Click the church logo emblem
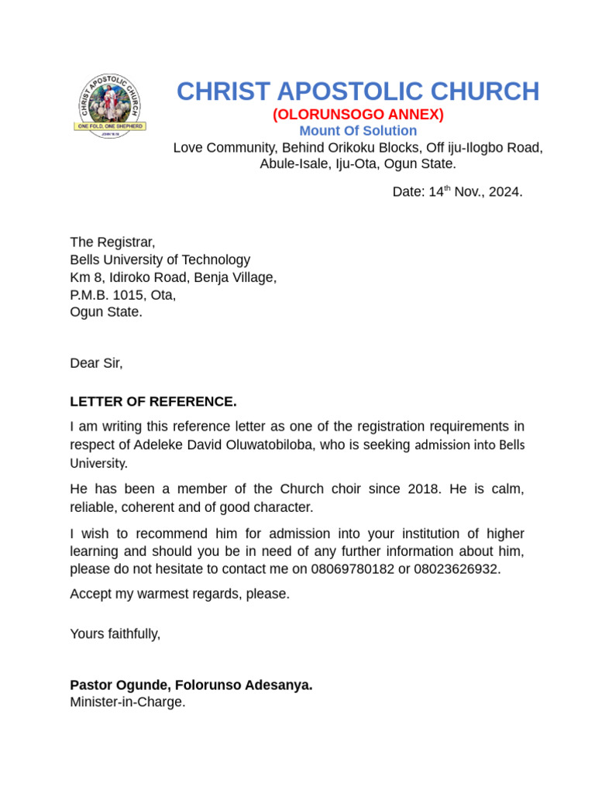[110, 106]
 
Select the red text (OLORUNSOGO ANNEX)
[357, 115]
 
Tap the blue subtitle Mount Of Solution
[357, 131]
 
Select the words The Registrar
[112, 242]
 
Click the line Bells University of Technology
[160, 260]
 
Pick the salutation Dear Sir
[96, 363]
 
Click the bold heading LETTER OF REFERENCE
[153, 402]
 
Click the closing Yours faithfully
[115, 634]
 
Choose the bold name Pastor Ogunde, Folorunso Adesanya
[191, 685]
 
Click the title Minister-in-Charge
[127, 702]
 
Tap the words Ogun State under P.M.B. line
[106, 312]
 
